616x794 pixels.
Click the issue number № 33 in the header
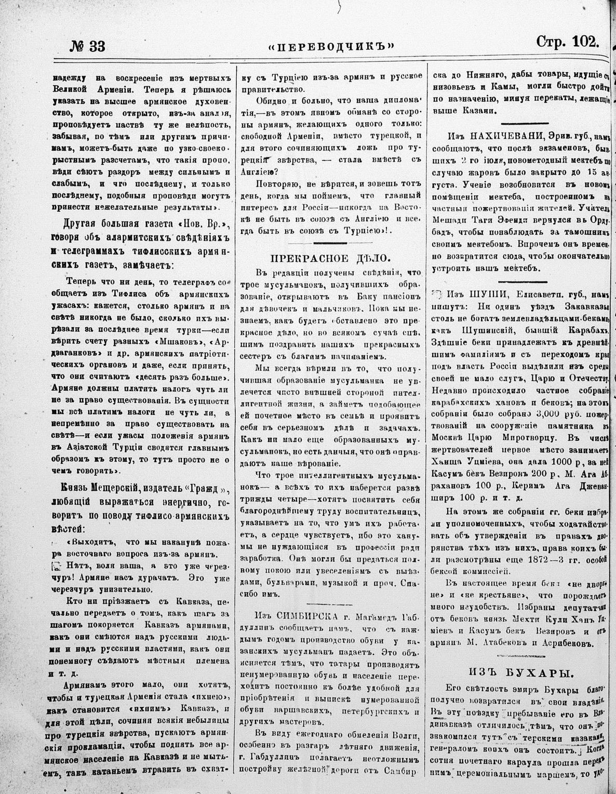(x=88, y=46)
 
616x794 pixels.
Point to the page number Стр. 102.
(x=568, y=43)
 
